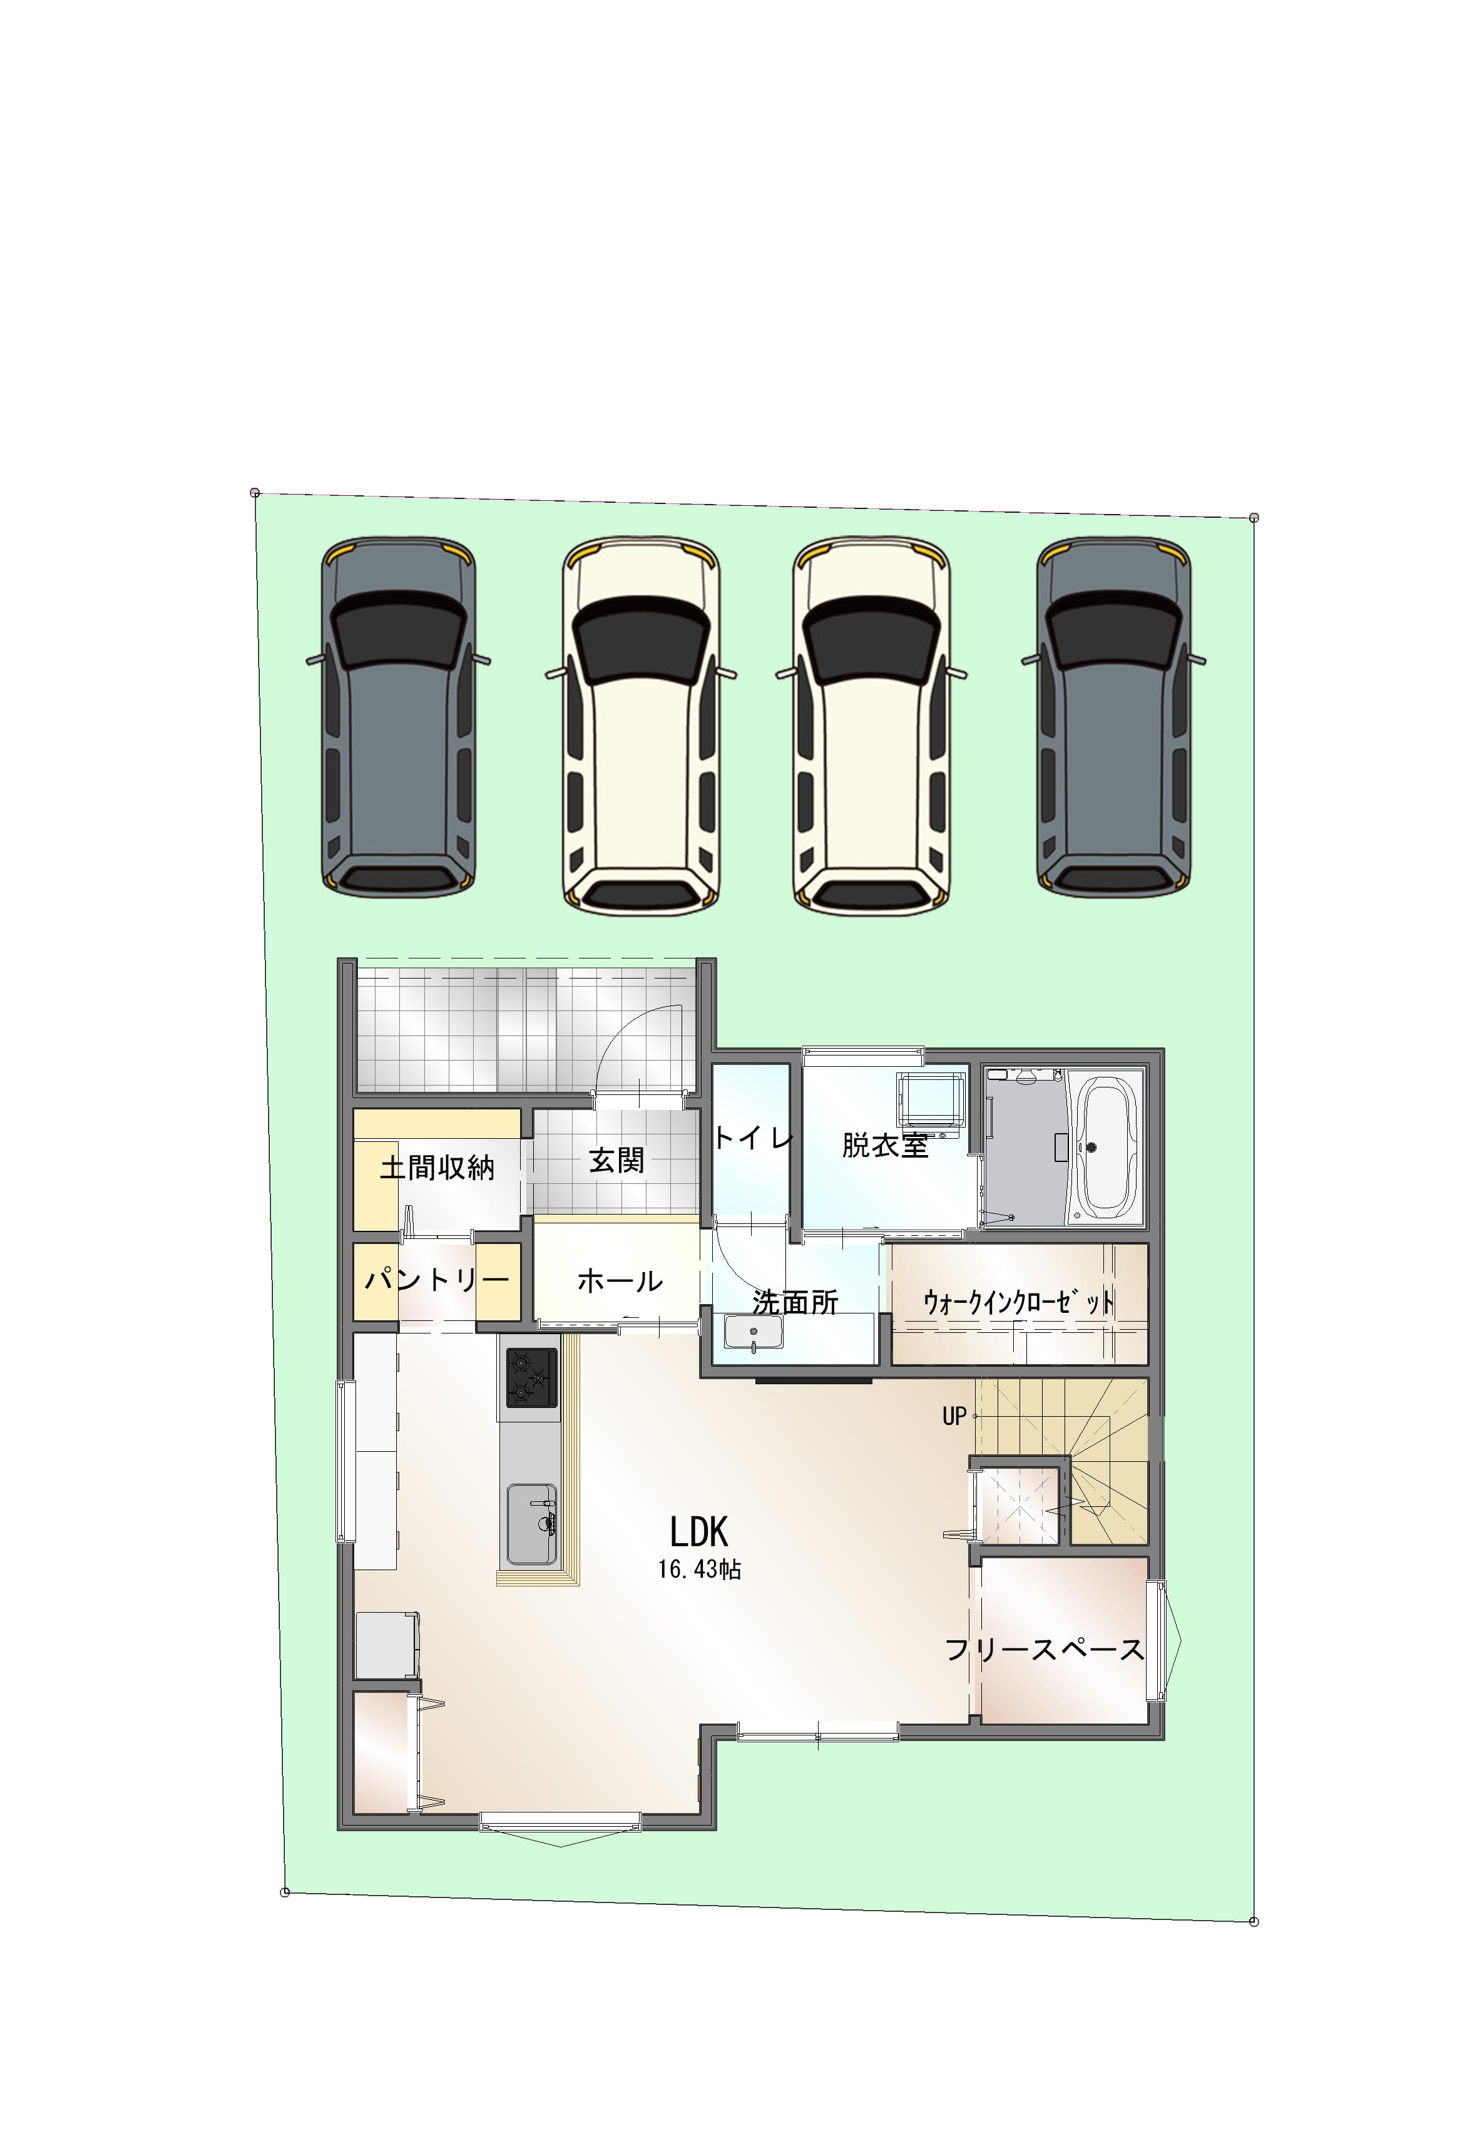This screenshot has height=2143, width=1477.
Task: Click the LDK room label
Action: tap(698, 1532)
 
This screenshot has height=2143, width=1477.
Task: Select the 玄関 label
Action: tap(616, 1160)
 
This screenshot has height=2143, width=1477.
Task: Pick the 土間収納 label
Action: tap(437, 1168)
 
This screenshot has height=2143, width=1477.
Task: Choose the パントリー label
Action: tap(437, 1280)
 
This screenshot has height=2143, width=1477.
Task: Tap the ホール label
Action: tap(620, 1281)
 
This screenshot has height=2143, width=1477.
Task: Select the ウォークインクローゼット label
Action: tap(1019, 1302)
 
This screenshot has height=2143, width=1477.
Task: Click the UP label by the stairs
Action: tap(954, 1416)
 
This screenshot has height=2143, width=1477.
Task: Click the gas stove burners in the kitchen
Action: tap(531, 1377)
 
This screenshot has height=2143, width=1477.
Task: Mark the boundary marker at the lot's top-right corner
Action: tap(1254, 518)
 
